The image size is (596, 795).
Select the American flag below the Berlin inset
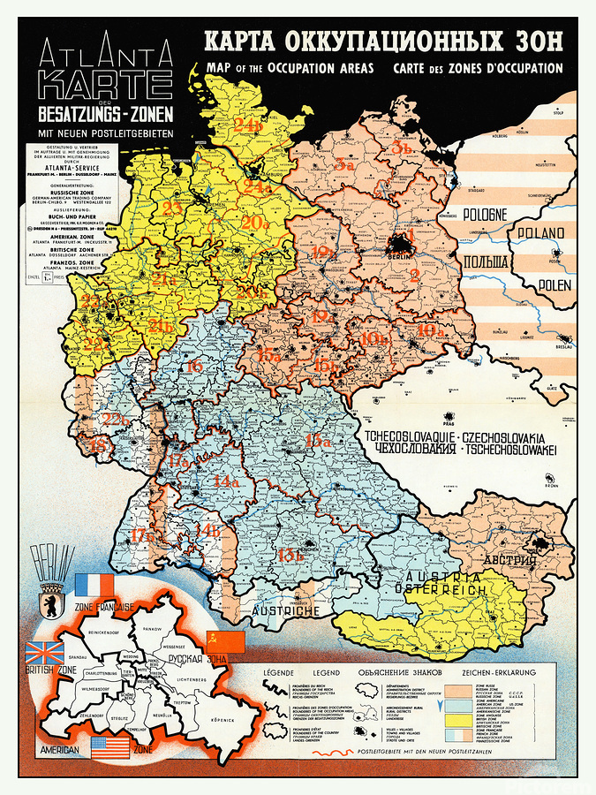[x=110, y=750]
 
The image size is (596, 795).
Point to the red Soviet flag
[x=218, y=642]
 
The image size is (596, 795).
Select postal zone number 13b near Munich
[x=290, y=555]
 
